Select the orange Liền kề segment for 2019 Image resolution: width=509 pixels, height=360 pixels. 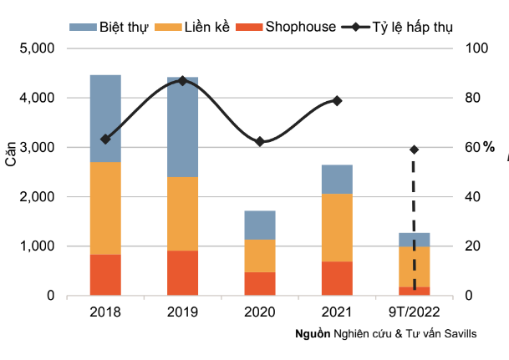click(x=182, y=214)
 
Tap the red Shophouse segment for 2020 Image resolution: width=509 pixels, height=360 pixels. click(x=260, y=283)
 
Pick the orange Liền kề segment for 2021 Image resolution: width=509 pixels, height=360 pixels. click(x=337, y=227)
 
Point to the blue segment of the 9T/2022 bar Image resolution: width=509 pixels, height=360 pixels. click(x=414, y=240)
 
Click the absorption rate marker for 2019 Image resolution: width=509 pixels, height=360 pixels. click(x=182, y=80)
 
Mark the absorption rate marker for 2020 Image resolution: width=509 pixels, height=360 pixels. click(x=260, y=142)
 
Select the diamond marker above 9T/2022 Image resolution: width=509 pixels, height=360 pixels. click(x=414, y=150)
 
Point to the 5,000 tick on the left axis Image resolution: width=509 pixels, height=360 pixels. click(x=37, y=48)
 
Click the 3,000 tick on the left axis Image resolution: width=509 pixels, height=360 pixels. click(x=37, y=147)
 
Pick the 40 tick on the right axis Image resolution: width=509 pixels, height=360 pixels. click(x=472, y=197)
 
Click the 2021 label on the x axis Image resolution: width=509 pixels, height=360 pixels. click(x=337, y=312)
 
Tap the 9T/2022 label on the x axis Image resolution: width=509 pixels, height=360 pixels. click(x=414, y=312)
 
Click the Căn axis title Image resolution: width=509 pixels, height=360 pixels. click(x=11, y=156)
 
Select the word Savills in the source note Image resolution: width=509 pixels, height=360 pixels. click(x=460, y=333)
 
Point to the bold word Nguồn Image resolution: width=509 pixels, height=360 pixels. click(x=313, y=333)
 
